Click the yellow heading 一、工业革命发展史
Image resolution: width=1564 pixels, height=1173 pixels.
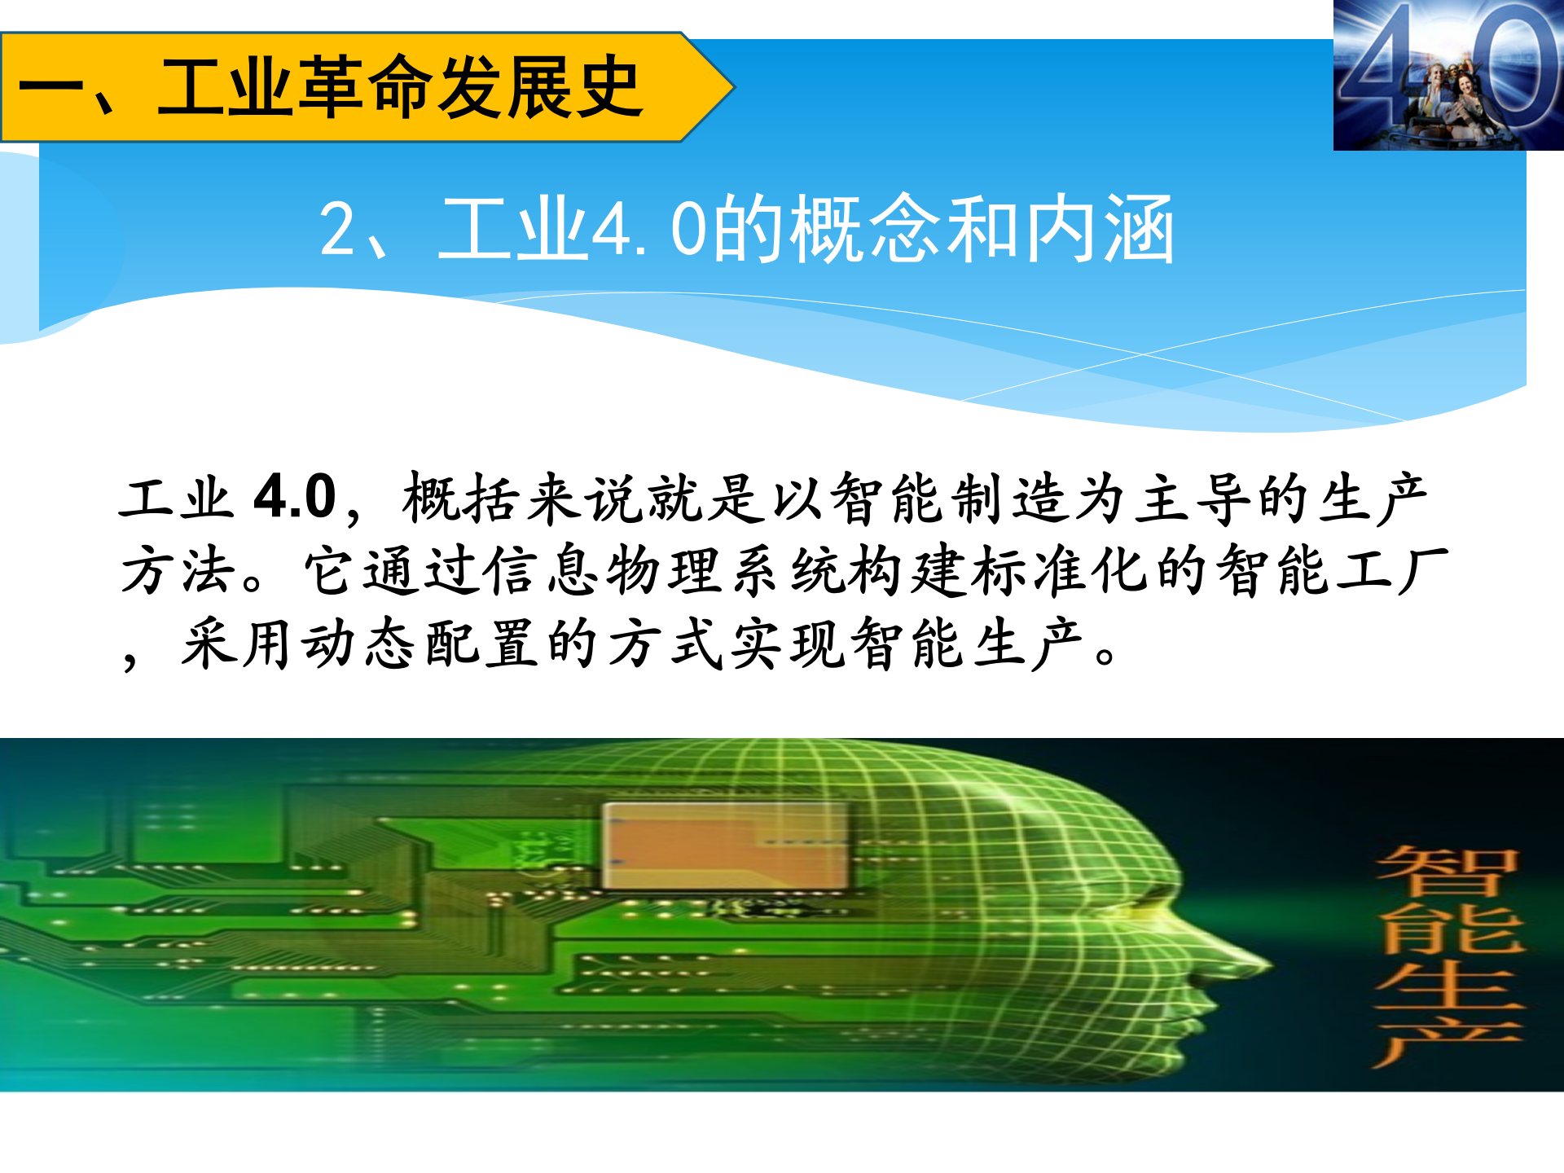330,87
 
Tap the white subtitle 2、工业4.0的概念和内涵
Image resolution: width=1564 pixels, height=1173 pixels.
745,231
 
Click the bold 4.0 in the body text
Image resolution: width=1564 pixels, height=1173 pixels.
295,497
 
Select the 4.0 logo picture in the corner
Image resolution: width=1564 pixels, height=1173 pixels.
1448,75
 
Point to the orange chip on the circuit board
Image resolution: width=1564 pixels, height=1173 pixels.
724,846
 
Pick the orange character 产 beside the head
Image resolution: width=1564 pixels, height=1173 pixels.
1448,1039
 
